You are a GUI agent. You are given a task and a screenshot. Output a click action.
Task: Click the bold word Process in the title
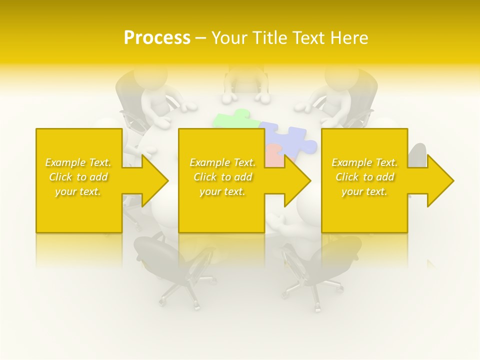pos(157,38)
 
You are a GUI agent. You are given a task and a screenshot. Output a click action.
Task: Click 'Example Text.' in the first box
pos(78,162)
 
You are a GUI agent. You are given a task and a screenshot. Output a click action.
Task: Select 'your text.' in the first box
pos(78,191)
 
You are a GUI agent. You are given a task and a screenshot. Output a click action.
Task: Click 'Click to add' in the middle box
pos(222,177)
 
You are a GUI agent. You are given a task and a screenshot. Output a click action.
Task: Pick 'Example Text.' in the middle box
pos(222,162)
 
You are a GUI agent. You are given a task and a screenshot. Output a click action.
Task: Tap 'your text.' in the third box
pos(364,191)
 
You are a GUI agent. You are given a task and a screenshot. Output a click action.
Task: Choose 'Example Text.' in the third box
pos(364,162)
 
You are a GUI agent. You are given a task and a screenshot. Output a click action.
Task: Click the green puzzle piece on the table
pos(232,120)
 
